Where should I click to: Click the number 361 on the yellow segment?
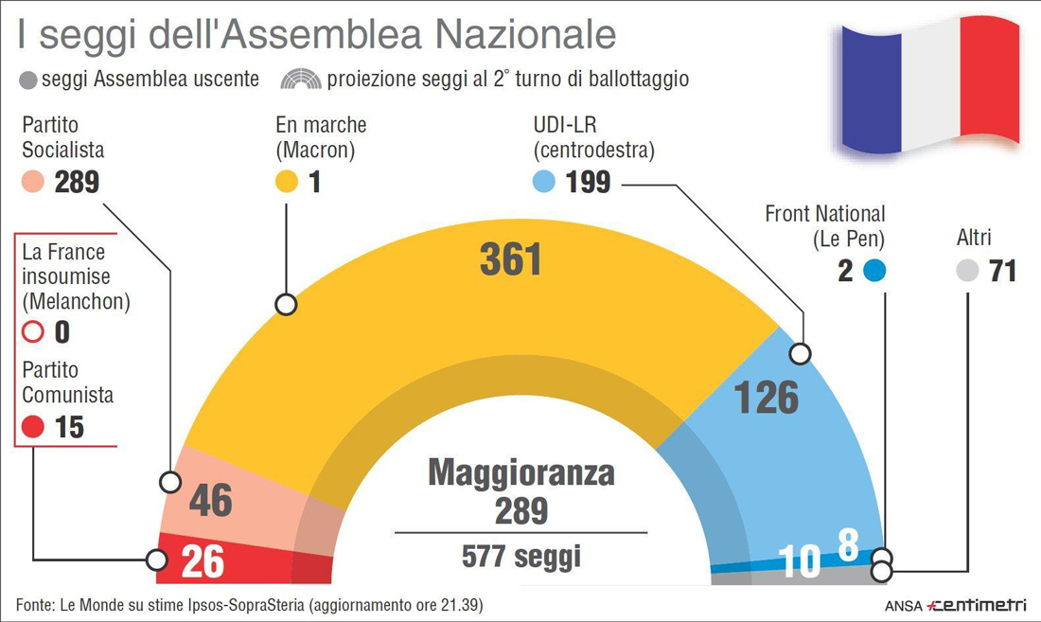[x=510, y=260]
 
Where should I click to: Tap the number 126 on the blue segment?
[x=766, y=398]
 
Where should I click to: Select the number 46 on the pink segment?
[x=210, y=501]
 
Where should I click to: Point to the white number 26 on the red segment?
[x=203, y=561]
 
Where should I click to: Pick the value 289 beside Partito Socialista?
[x=77, y=182]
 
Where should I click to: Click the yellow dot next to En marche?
[x=287, y=182]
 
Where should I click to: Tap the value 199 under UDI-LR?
[x=588, y=182]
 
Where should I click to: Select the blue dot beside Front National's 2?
[x=873, y=271]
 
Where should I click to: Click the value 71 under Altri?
[x=1001, y=271]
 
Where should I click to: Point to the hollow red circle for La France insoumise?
[x=33, y=332]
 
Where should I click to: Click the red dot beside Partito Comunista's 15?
[x=33, y=427]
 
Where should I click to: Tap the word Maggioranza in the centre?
[x=520, y=472]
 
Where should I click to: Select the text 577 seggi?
[x=520, y=556]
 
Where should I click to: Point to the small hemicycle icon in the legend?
[x=302, y=79]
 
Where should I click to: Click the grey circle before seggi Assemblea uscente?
[x=27, y=80]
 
